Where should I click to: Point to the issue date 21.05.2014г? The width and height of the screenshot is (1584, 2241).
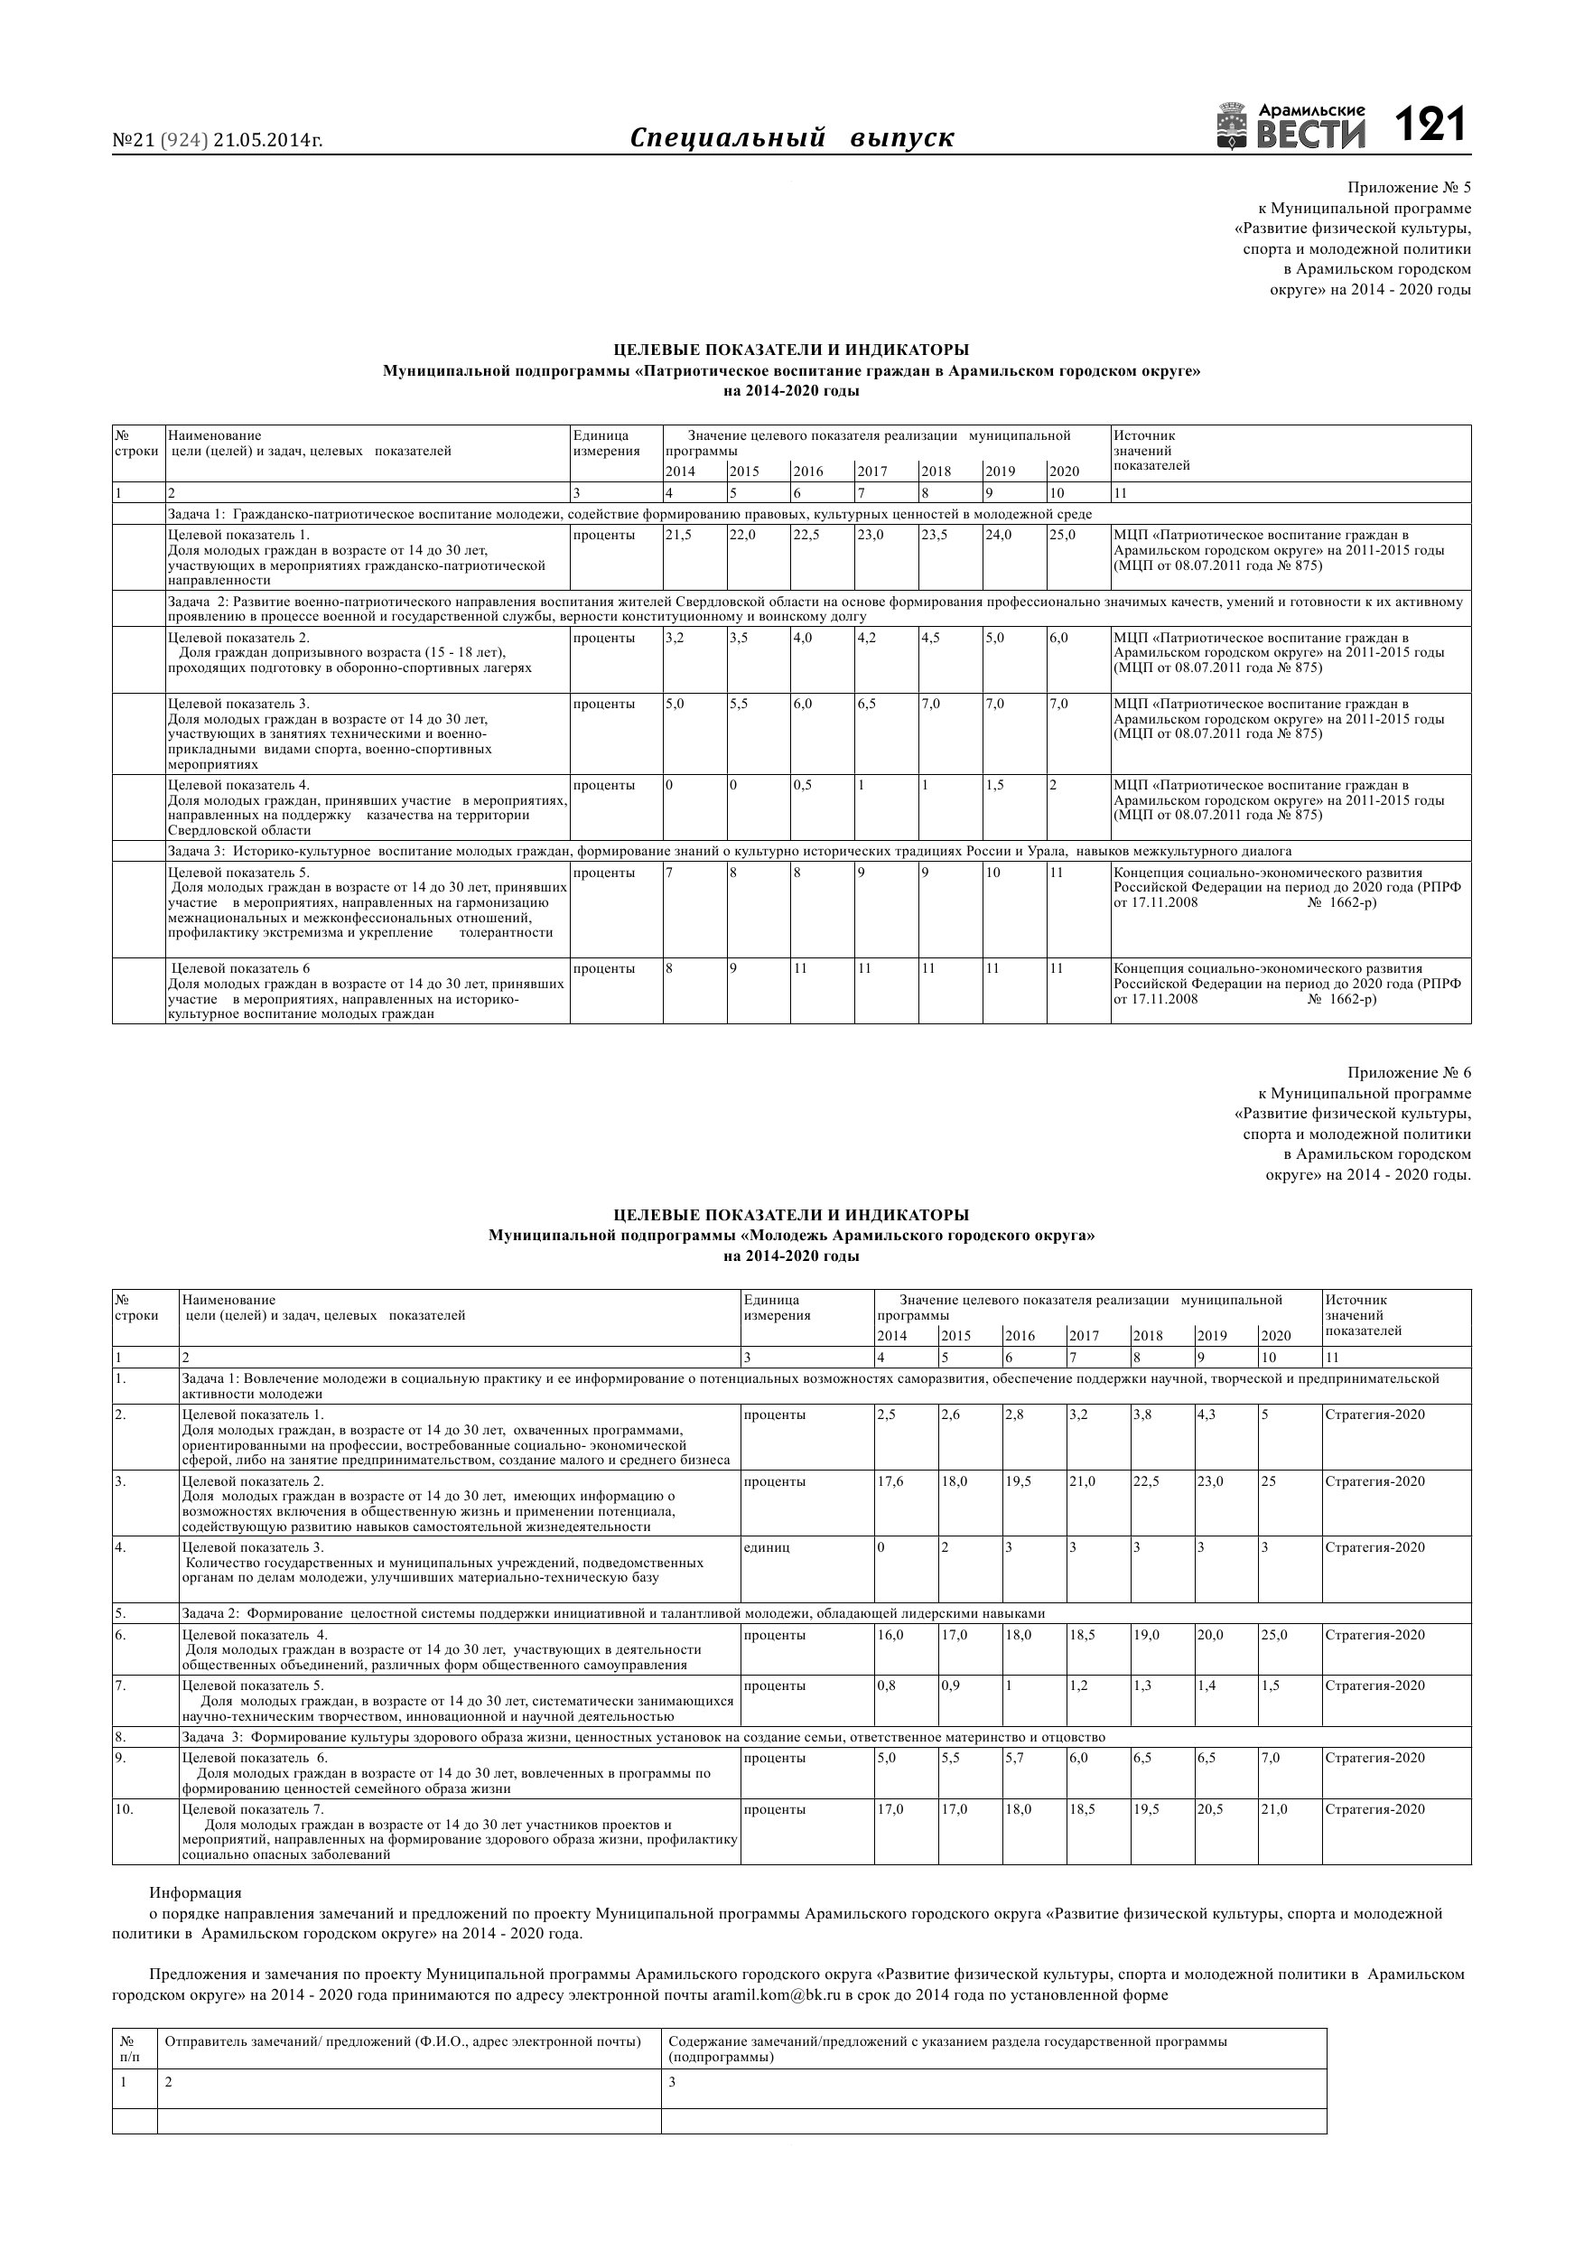(x=268, y=141)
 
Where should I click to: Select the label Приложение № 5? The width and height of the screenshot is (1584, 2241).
(x=1408, y=187)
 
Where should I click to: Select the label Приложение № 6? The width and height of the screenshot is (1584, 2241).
(x=1408, y=1073)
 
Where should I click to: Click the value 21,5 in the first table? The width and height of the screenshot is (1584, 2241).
(x=678, y=535)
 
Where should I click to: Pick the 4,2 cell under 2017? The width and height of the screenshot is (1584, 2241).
(x=868, y=638)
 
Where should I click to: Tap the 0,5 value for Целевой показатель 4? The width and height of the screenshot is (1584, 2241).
(x=803, y=785)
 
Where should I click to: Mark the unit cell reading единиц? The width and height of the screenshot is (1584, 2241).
(x=767, y=1547)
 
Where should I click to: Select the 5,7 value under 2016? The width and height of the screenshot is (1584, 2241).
(x=1017, y=1758)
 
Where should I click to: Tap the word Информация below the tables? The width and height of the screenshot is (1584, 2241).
(x=195, y=1892)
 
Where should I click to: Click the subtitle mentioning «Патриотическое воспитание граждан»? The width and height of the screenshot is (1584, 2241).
(x=791, y=371)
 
